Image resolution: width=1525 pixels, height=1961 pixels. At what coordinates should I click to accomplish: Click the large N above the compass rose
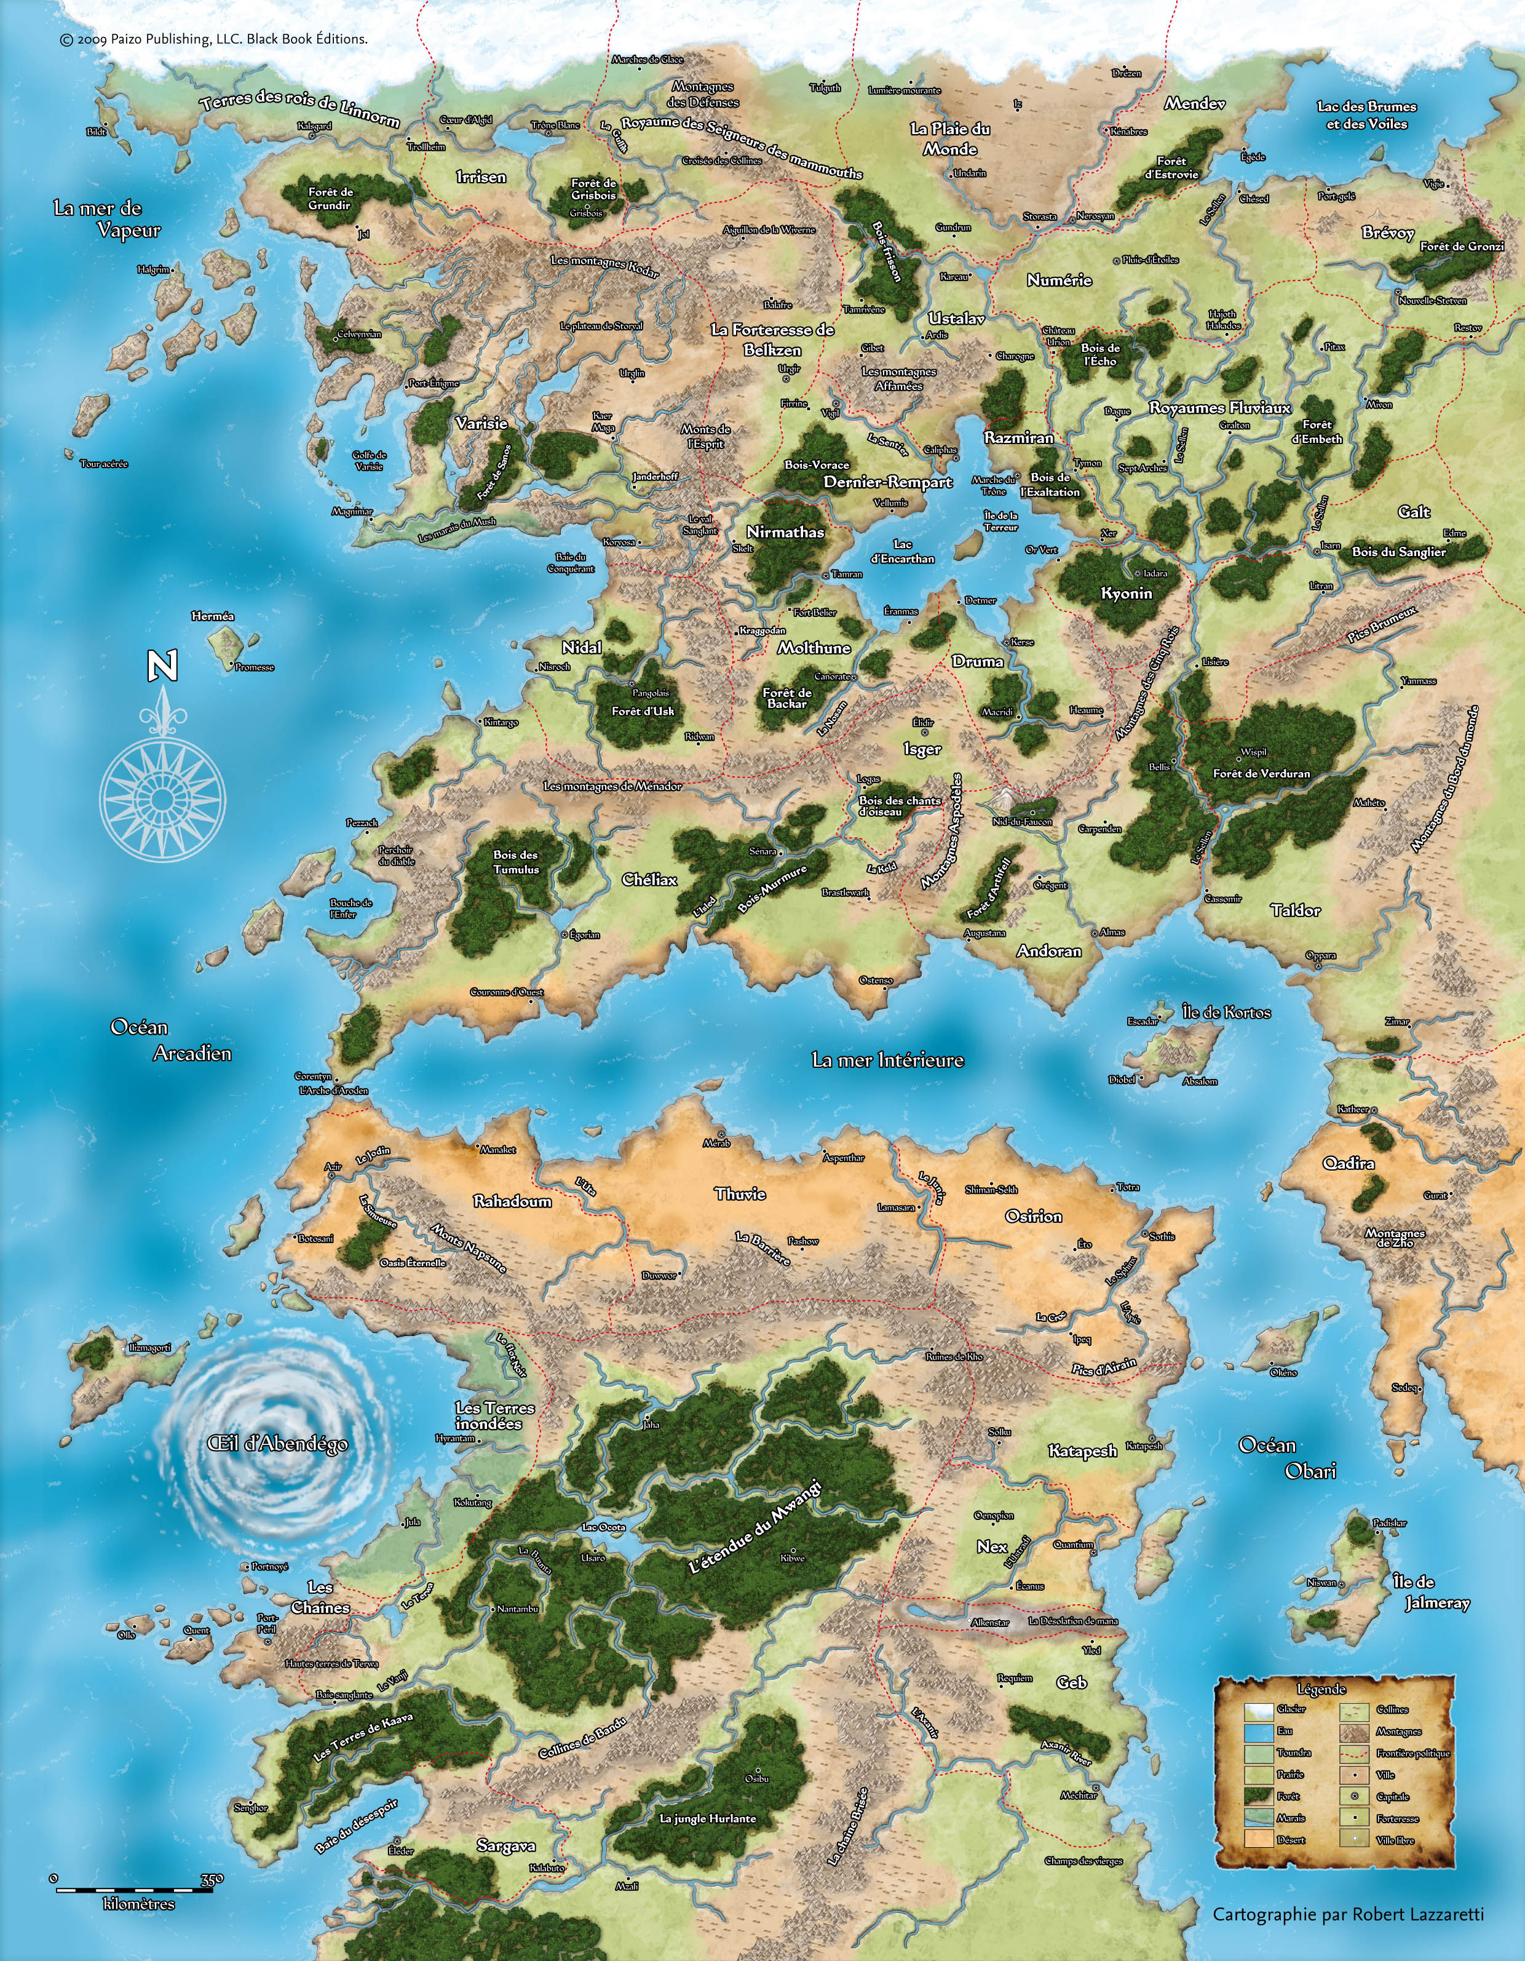click(162, 666)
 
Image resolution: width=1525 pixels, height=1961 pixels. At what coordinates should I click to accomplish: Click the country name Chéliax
click(650, 880)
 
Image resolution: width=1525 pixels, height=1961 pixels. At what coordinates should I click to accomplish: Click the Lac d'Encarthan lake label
click(902, 551)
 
